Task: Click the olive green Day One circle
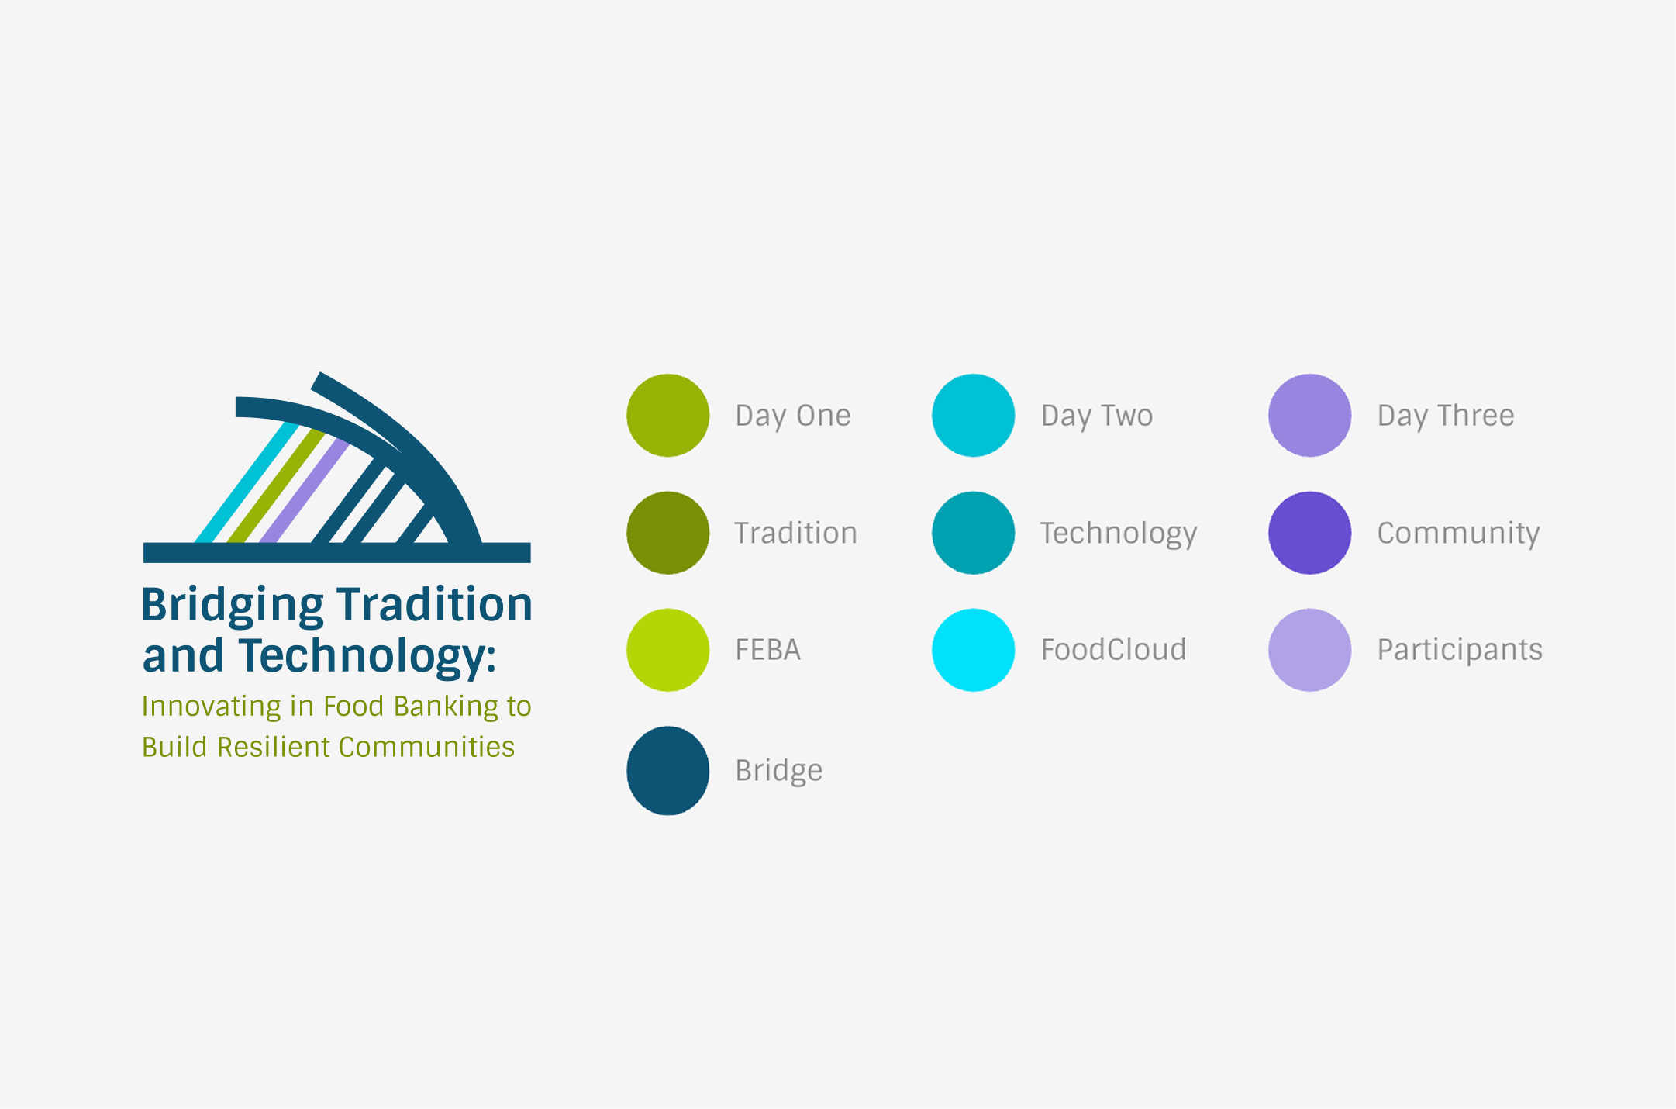[667, 415]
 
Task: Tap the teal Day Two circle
[973, 415]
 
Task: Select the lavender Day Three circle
[1309, 415]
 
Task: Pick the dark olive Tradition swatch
[667, 533]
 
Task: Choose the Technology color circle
[973, 533]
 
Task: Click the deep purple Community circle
[1309, 533]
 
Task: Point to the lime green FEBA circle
[667, 650]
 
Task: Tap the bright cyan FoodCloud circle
[973, 650]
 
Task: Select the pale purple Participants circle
[1309, 650]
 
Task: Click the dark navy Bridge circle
[667, 770]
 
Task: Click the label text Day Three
[1446, 416]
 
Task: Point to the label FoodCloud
[1113, 649]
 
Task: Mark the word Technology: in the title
[367, 657]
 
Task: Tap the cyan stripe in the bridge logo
[247, 482]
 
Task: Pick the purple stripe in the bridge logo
[305, 491]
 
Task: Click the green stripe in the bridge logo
[276, 485]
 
